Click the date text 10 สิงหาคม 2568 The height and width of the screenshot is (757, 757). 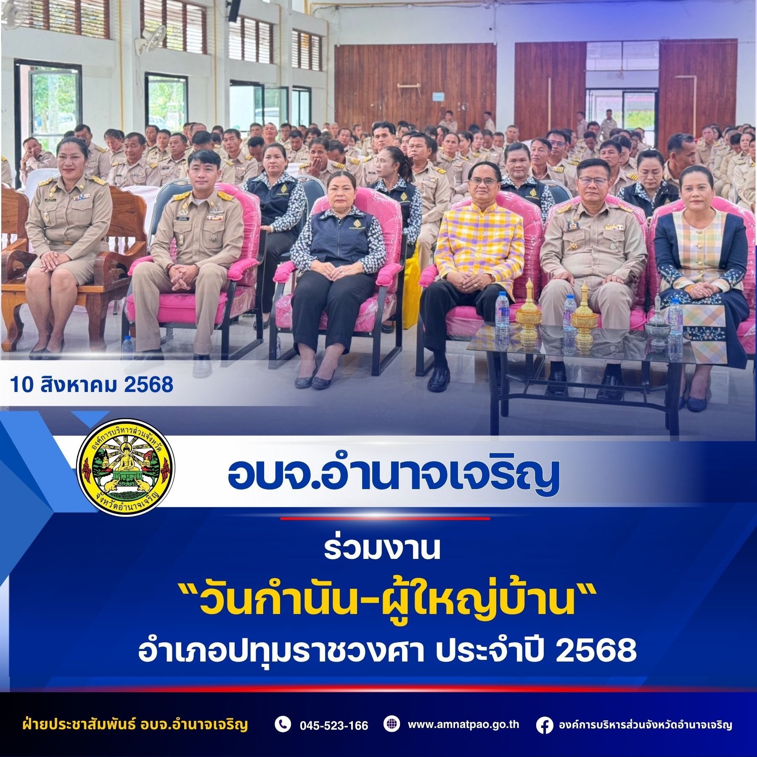coord(92,384)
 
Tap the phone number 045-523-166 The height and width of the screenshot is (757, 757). coord(334,725)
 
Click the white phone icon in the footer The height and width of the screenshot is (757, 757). coord(283,724)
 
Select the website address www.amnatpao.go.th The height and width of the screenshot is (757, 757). coord(463,725)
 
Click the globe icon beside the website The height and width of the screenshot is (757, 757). coord(392,724)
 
